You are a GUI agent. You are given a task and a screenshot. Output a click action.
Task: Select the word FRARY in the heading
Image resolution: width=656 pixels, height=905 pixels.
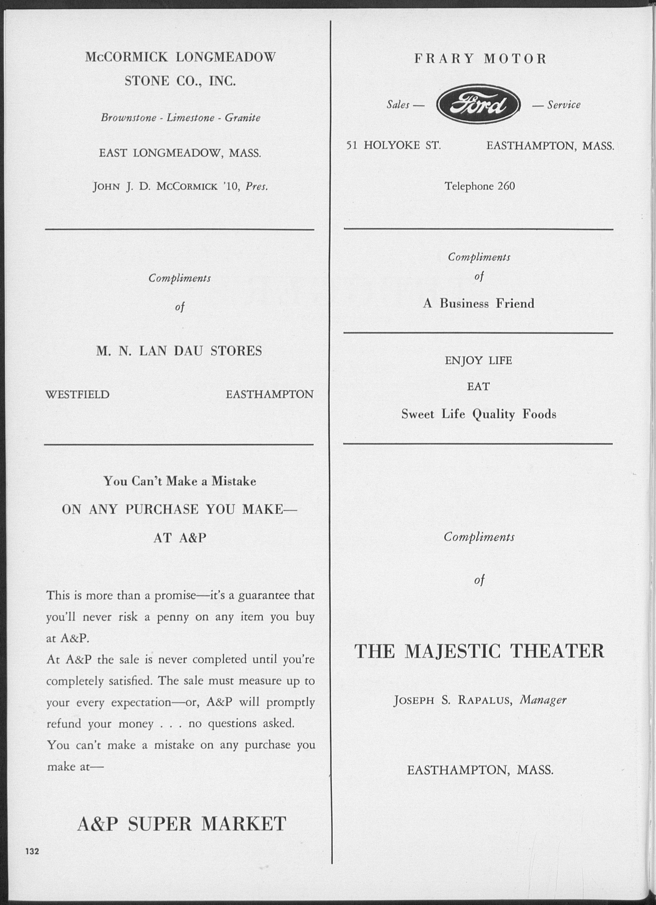point(444,59)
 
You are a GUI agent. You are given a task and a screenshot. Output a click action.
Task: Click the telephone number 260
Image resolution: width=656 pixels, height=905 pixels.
point(506,186)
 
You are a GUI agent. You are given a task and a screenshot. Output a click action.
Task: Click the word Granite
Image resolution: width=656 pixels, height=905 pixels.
point(242,118)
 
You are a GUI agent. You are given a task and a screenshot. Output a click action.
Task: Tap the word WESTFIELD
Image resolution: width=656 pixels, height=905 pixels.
point(77,395)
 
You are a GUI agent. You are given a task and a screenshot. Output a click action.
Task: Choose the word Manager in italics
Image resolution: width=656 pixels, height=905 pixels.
point(543,700)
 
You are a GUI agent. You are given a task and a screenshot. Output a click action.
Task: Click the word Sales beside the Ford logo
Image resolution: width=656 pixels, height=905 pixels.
point(398,105)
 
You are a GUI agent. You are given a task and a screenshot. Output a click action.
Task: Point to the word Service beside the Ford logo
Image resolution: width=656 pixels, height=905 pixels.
point(564,105)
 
